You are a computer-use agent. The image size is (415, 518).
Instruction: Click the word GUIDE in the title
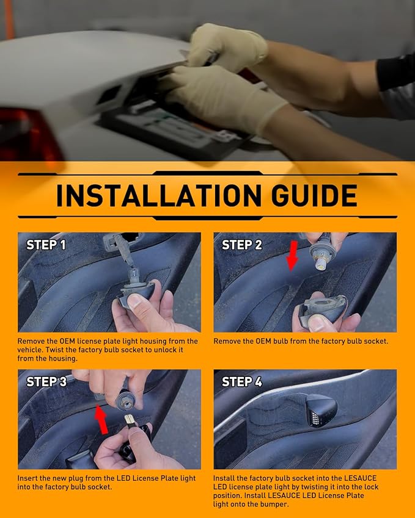[x=314, y=196]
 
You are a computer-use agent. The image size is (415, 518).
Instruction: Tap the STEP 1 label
[x=46, y=245]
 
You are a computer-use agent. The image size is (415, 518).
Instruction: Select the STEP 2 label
[x=242, y=245]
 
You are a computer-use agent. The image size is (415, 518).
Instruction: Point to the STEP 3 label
[x=46, y=382]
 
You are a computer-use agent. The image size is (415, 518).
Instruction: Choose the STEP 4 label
[x=242, y=382]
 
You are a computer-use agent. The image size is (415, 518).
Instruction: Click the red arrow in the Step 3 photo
[x=101, y=419]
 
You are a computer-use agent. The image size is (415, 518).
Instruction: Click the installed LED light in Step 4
[x=320, y=410]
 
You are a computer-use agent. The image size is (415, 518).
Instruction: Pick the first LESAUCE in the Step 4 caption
[x=361, y=478]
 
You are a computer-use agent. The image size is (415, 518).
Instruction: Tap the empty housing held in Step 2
[x=321, y=309]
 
